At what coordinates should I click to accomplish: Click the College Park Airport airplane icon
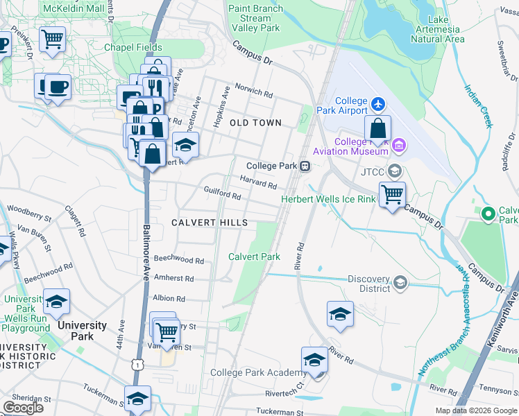pos(377,104)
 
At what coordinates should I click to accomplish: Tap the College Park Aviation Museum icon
pos(398,145)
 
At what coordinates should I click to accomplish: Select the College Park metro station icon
pos(305,166)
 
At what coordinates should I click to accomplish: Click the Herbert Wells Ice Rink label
pos(327,200)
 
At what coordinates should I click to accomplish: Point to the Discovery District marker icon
pos(400,282)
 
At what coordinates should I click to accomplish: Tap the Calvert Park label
pos(255,257)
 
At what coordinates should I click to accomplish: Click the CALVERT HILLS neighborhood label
pos(209,223)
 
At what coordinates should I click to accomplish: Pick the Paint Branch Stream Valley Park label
pos(255,18)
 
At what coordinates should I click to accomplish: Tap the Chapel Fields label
pos(132,48)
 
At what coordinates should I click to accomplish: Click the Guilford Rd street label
pos(222,193)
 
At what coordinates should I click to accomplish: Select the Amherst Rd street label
pos(174,277)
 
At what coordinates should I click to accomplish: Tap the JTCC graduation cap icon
pos(395,171)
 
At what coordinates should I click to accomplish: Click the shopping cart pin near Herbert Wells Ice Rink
pos(392,194)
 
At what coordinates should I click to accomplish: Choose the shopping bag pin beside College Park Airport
pos(377,128)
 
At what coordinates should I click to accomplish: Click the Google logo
pos(23,408)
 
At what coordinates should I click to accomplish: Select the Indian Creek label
pos(479,105)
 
